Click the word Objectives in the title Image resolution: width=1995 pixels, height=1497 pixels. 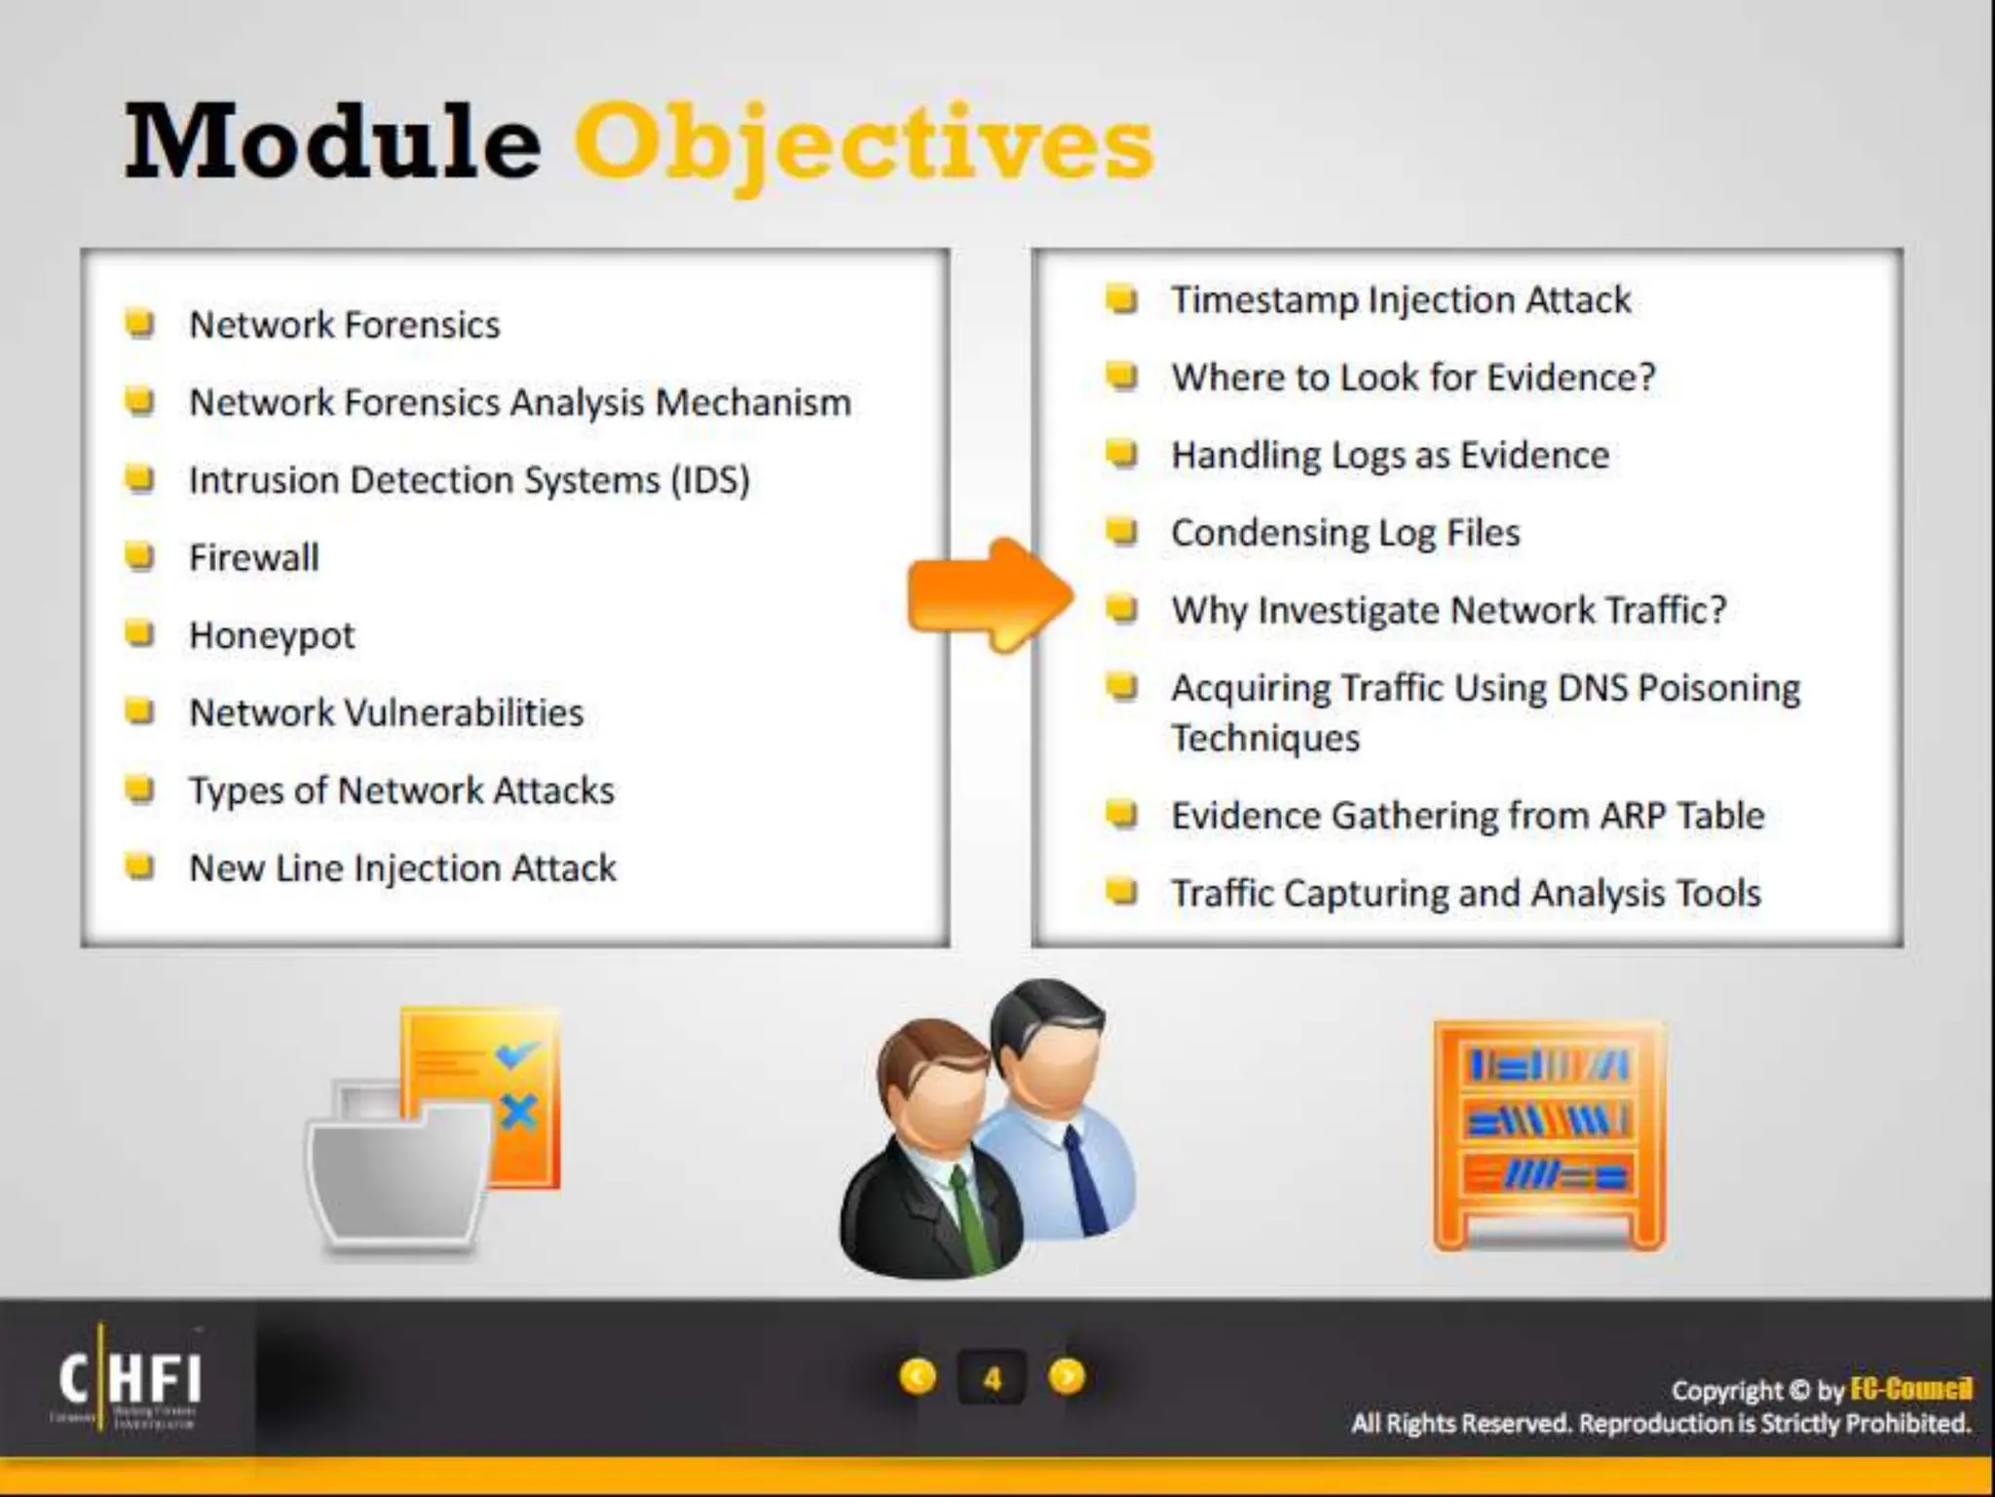863,144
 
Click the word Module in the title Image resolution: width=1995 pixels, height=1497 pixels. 332,144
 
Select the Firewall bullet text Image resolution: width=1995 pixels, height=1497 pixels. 254,558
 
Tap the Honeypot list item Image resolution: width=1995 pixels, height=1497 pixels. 272,636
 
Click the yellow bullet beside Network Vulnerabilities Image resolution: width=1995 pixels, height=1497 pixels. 141,711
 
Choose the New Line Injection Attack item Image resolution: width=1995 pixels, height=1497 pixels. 402,868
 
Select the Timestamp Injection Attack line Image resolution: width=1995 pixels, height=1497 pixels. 1401,300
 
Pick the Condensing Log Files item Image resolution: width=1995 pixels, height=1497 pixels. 1345,533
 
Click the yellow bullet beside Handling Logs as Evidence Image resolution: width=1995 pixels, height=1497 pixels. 1122,454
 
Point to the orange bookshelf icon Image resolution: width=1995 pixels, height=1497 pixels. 1549,1135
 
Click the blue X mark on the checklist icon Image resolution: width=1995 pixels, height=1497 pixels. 518,1112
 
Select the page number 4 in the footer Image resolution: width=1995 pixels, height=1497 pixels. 992,1378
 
